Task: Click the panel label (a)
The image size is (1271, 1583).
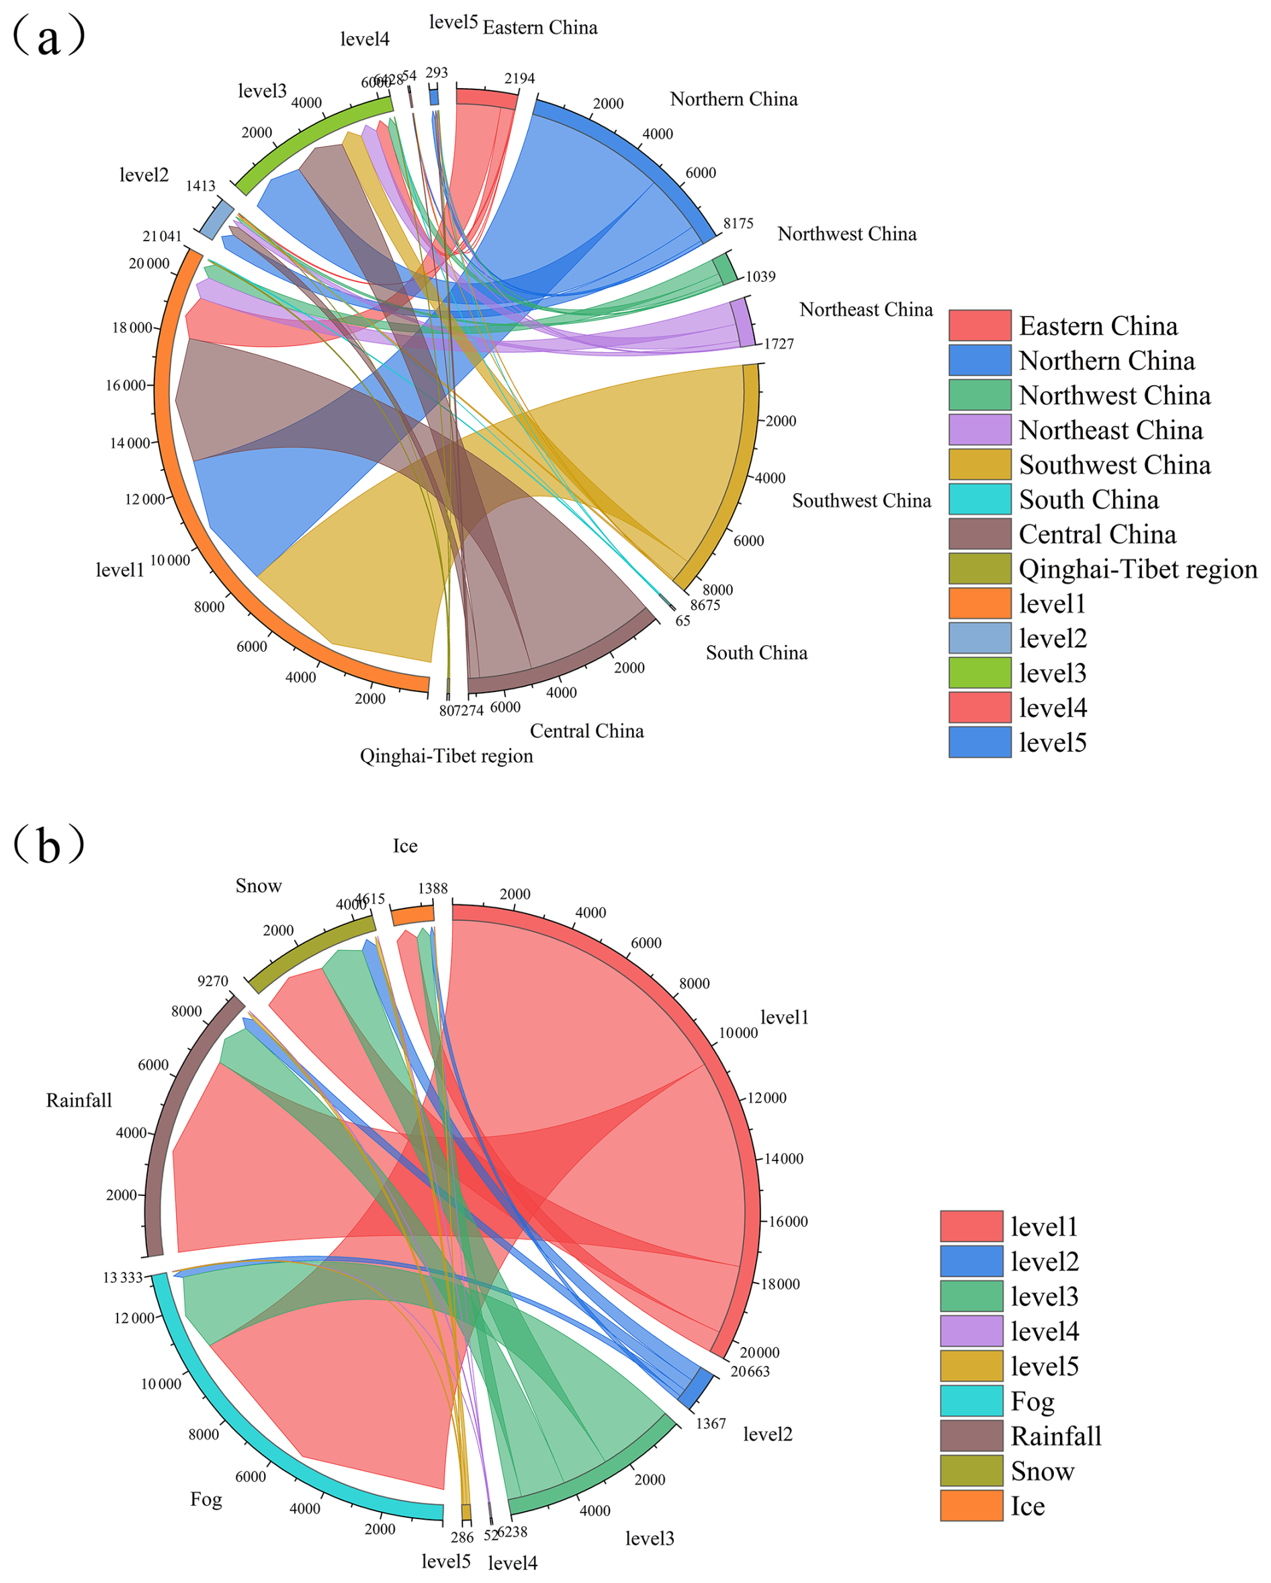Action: point(48,37)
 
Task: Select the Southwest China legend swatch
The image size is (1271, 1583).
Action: point(979,465)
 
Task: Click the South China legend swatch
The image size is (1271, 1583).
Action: point(979,499)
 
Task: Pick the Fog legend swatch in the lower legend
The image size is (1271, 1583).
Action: point(971,1401)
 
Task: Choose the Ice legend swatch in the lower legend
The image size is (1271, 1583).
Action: point(971,1505)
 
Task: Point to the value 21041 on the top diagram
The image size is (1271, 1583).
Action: point(161,237)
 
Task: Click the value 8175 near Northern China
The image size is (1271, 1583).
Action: point(738,224)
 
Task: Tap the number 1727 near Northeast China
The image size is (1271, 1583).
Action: point(779,343)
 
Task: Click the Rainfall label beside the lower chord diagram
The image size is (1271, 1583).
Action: point(79,1100)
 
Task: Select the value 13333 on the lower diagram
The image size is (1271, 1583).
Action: point(123,1277)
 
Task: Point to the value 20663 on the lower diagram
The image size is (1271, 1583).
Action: point(750,1371)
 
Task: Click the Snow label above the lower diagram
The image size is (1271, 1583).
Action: point(259,886)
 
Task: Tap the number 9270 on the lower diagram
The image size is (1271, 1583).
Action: point(213,981)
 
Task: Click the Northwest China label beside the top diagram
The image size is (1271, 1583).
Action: point(846,233)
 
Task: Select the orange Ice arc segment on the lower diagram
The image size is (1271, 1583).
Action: point(412,915)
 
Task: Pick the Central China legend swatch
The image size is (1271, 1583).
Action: point(979,533)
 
